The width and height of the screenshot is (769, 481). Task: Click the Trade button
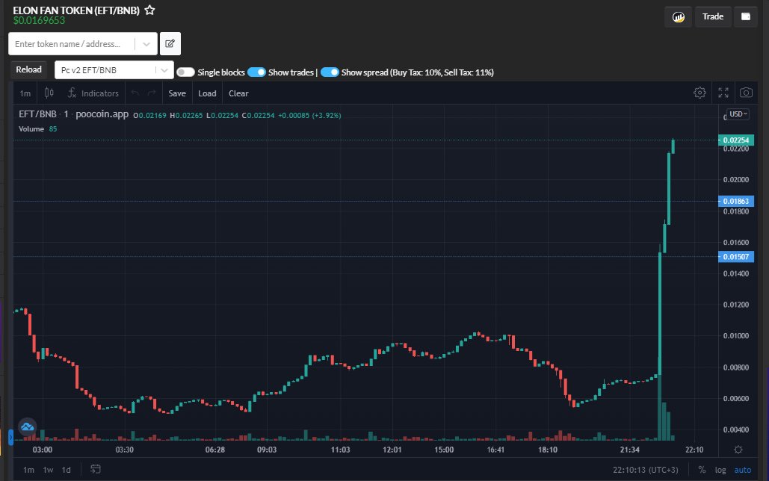click(x=713, y=16)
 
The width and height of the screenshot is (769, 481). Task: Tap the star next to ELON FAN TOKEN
click(x=150, y=10)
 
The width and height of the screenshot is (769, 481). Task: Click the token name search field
click(x=73, y=44)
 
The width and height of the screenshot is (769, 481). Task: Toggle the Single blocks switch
click(x=185, y=72)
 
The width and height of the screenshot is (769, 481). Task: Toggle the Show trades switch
click(x=256, y=72)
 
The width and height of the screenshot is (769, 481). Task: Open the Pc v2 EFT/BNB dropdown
click(x=114, y=70)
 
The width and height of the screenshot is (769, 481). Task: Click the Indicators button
click(x=93, y=93)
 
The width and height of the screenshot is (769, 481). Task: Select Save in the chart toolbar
click(x=177, y=93)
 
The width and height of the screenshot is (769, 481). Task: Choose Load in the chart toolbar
click(x=207, y=93)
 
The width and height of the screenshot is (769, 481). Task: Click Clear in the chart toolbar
click(x=238, y=93)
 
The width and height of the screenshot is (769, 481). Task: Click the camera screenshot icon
click(x=746, y=93)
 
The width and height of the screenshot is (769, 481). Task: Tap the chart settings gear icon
click(x=699, y=93)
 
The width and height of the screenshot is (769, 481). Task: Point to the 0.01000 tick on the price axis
click(x=735, y=336)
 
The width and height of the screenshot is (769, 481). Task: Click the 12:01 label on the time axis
click(x=392, y=450)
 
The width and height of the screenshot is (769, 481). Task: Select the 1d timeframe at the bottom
click(x=67, y=470)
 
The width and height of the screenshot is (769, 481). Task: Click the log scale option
click(x=720, y=470)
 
